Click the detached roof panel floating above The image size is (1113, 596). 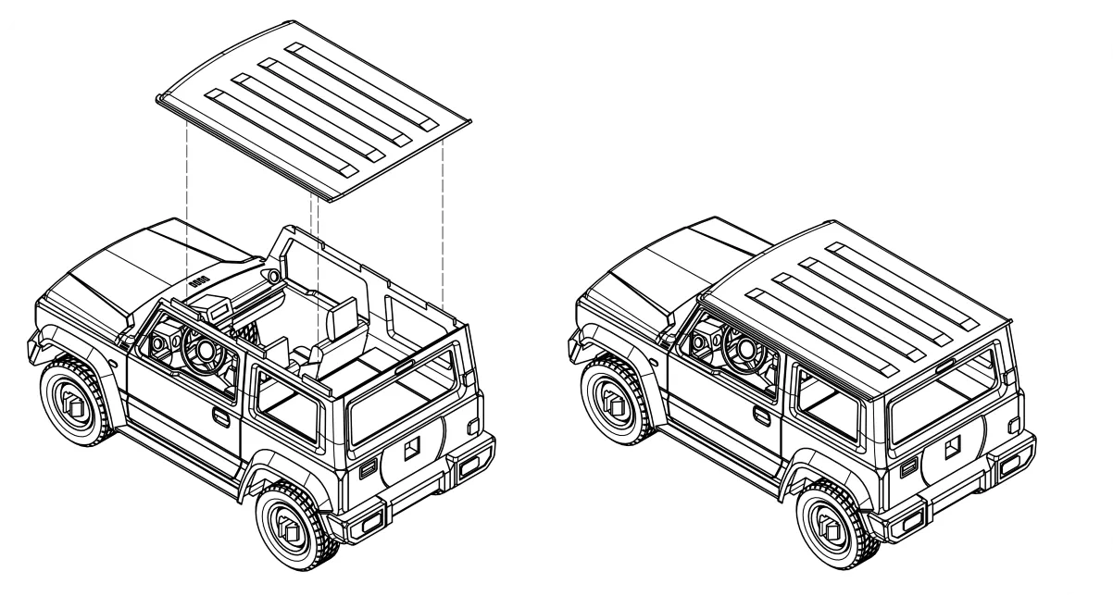tap(315, 106)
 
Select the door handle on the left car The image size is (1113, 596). tap(220, 417)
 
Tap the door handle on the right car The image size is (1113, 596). tap(761, 417)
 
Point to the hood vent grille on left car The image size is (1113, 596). tap(199, 279)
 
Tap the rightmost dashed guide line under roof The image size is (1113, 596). tap(444, 222)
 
